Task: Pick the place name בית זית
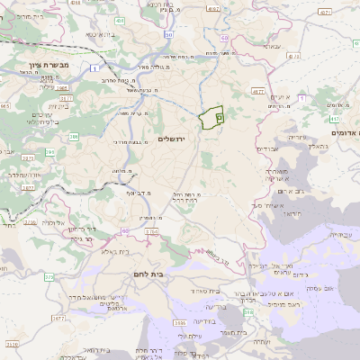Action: coord(48,104)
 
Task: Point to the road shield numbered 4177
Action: coord(258,91)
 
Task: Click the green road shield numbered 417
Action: coord(334,118)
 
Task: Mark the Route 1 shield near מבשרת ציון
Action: coord(94,67)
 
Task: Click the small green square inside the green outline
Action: coord(220,117)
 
